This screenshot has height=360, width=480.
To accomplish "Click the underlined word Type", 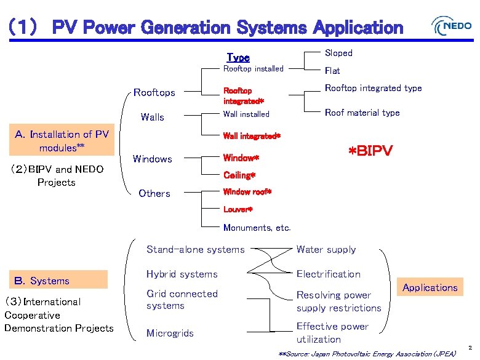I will click(x=238, y=57).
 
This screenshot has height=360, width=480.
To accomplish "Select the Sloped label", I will click(x=338, y=53).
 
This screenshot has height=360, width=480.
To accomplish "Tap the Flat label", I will click(x=332, y=71).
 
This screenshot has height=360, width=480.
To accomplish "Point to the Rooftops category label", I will click(x=154, y=93).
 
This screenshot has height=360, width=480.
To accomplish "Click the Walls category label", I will click(x=152, y=117).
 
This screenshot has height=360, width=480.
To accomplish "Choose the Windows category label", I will click(x=153, y=159).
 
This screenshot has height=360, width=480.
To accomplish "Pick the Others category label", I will click(x=154, y=193).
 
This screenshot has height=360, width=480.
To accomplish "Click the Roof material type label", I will click(x=362, y=113).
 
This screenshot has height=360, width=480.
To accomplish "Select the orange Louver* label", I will click(x=238, y=210).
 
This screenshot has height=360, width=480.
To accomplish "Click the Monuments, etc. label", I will click(x=257, y=228).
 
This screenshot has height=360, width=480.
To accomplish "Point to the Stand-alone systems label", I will click(x=195, y=250).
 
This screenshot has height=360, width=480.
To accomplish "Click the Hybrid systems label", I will click(x=182, y=274).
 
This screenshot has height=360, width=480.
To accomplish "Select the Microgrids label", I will click(x=170, y=334).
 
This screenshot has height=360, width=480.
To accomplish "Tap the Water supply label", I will click(x=326, y=250).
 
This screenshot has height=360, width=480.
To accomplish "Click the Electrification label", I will click(x=328, y=274).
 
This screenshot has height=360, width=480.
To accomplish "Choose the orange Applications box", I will click(x=430, y=287).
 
